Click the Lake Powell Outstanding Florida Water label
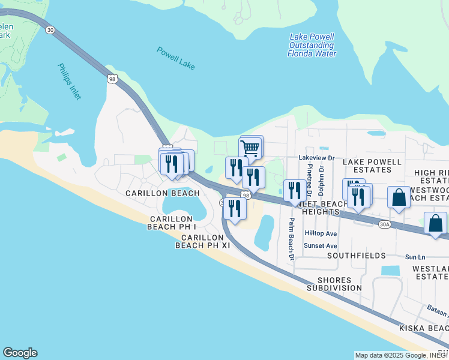coord(312,45)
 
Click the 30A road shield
coord(384,224)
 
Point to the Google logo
coord(20,353)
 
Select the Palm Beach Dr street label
coord(291,239)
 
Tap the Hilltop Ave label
coord(321,233)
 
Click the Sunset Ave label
coord(321,245)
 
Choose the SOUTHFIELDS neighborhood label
coord(357,255)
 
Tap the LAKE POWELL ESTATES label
coord(372,166)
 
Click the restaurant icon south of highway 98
coord(234,208)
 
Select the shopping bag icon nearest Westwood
coord(399,197)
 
